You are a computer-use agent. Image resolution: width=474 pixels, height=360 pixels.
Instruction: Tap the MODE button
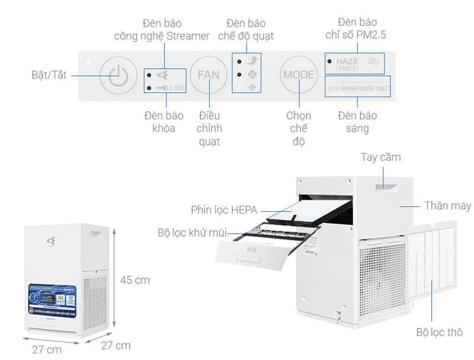299,75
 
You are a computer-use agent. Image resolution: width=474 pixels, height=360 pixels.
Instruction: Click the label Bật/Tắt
49,75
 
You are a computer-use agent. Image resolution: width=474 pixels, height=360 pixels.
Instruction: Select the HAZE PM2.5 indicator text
347,64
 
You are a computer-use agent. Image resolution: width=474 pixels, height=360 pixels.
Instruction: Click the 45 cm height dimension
135,279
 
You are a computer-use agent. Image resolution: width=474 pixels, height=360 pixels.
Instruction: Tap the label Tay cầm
381,157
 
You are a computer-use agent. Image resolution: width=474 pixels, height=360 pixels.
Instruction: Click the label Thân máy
447,206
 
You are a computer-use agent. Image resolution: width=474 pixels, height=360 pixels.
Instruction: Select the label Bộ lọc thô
439,332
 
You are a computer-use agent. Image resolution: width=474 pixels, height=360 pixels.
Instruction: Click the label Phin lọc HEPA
225,210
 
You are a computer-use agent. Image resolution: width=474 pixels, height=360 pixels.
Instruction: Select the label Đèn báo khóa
164,122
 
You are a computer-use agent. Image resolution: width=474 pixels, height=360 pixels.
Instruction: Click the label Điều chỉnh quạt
209,128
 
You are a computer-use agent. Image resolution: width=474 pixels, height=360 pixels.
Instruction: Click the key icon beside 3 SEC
162,88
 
